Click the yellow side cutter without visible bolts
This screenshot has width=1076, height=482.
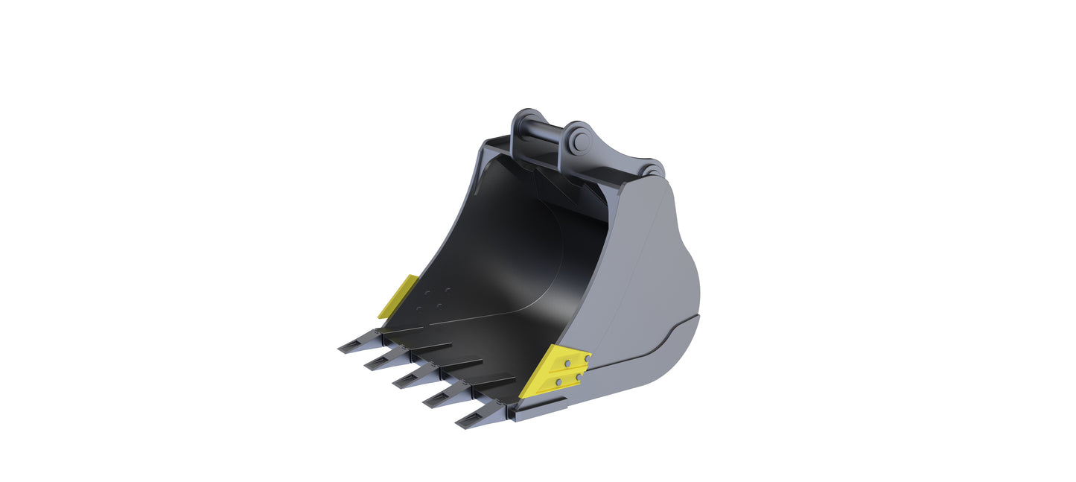tap(398, 297)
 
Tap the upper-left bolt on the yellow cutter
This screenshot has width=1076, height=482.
tap(567, 364)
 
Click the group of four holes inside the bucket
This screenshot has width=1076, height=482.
tap(433, 299)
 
